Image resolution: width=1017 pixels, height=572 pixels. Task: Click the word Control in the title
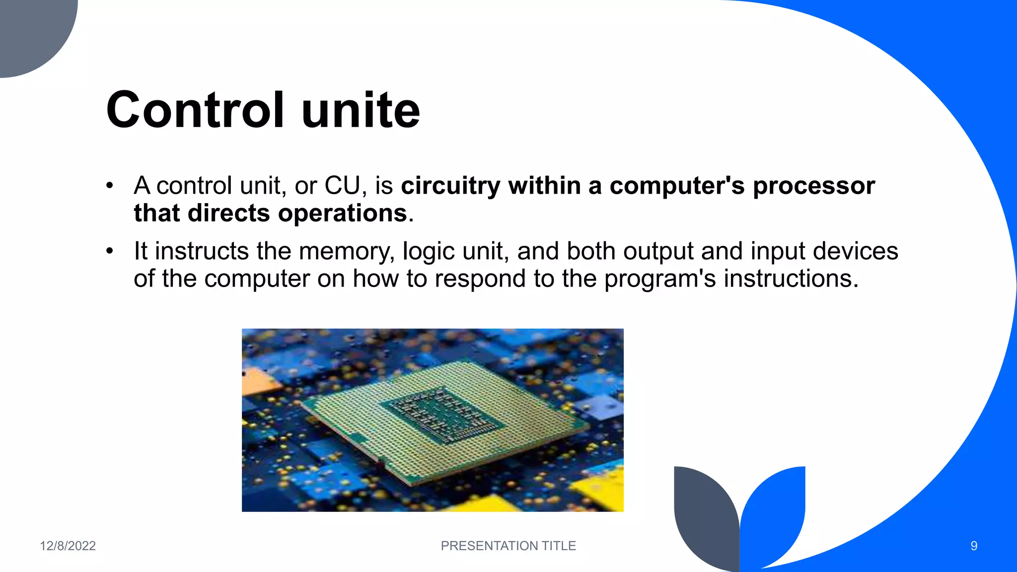[195, 110]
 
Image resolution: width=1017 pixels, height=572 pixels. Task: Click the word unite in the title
[361, 110]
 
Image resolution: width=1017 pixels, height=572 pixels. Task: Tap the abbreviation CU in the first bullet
[342, 186]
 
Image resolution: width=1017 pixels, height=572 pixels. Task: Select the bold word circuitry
[450, 186]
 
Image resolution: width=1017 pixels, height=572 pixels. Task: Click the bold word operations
[343, 214]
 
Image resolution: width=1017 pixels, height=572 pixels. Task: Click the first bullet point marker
[110, 186]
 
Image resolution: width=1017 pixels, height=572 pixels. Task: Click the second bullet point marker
[110, 251]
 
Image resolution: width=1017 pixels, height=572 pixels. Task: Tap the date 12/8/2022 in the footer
[68, 546]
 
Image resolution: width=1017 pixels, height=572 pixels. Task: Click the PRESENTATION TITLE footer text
[508, 546]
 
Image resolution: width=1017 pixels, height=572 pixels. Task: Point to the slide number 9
[974, 546]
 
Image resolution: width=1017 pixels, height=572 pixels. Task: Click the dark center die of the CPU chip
[442, 415]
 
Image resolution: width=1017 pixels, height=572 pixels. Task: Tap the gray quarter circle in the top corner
[30, 30]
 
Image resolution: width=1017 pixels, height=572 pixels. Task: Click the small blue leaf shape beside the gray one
[775, 511]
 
